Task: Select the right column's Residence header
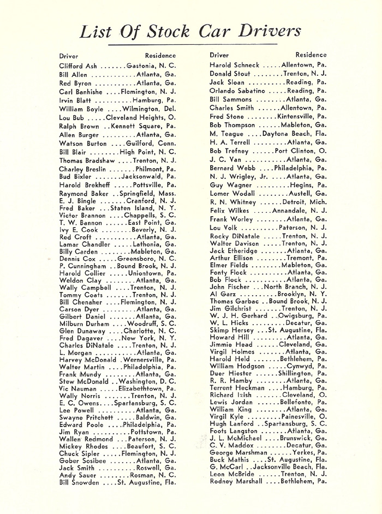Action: click(311, 55)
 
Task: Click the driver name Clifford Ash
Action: click(77, 65)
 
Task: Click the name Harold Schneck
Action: click(234, 65)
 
